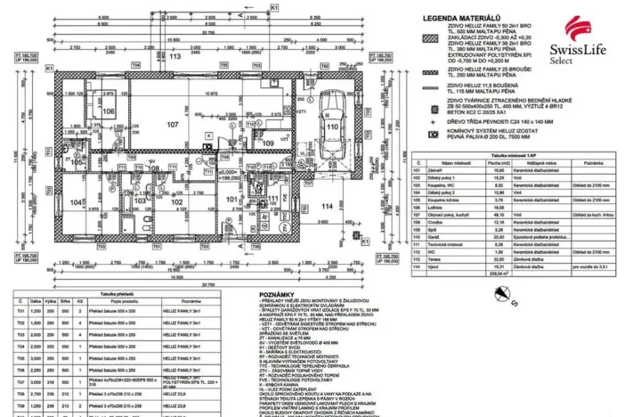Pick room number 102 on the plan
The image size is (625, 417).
pos(177,202)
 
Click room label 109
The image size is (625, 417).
pos(268,142)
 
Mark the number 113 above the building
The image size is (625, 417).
pos(175,56)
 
